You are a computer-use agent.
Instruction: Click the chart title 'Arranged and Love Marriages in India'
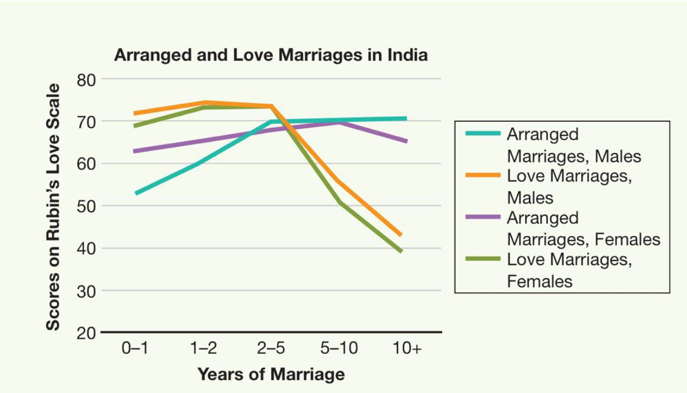(x=271, y=55)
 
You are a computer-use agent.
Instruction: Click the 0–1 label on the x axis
(x=135, y=348)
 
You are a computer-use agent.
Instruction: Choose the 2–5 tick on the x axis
(x=271, y=348)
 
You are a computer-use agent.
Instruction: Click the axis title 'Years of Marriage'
(x=271, y=374)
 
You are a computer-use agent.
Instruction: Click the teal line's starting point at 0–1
(x=136, y=193)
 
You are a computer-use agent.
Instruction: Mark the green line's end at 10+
(x=401, y=251)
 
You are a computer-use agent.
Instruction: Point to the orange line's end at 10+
(x=401, y=235)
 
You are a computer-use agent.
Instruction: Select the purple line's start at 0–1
(x=135, y=151)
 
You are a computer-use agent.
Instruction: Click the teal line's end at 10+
(x=406, y=119)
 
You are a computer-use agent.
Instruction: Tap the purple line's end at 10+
(x=406, y=142)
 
